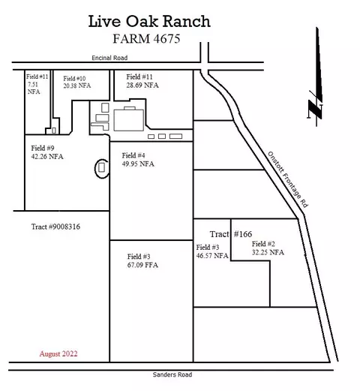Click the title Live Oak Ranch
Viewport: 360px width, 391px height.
[149, 22]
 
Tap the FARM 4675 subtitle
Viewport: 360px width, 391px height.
[146, 39]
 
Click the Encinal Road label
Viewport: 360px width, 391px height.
[109, 58]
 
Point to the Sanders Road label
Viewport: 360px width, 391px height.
[172, 374]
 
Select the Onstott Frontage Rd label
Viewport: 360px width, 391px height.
[288, 179]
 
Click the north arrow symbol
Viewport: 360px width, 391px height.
[316, 77]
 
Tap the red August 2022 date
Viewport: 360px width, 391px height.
[58, 353]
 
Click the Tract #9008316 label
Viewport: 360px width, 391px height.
[55, 227]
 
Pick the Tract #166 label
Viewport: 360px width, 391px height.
[231, 234]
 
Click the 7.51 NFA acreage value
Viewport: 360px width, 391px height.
[34, 88]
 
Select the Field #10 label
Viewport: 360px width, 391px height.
[74, 79]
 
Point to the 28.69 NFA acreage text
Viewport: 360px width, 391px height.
[142, 86]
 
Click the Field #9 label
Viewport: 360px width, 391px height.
[43, 148]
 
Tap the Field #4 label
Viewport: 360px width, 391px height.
[133, 155]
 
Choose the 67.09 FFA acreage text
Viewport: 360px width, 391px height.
[142, 265]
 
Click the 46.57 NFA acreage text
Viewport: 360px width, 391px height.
[212, 256]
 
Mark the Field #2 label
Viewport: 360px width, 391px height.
[263, 244]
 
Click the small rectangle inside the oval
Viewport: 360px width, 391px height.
[101, 167]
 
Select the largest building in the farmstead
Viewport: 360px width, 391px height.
[129, 120]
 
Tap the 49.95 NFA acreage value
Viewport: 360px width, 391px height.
[138, 164]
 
